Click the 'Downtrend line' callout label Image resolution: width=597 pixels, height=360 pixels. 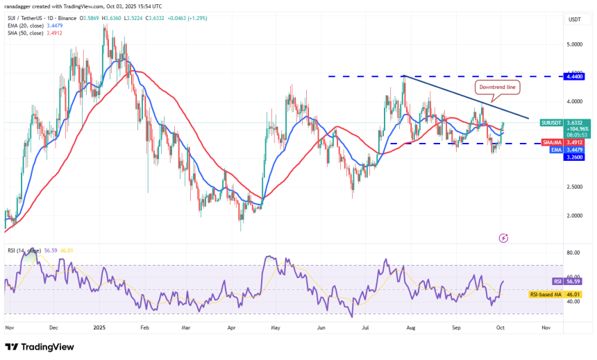[x=496, y=87]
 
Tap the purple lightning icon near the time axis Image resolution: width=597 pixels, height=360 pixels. [x=504, y=238]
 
